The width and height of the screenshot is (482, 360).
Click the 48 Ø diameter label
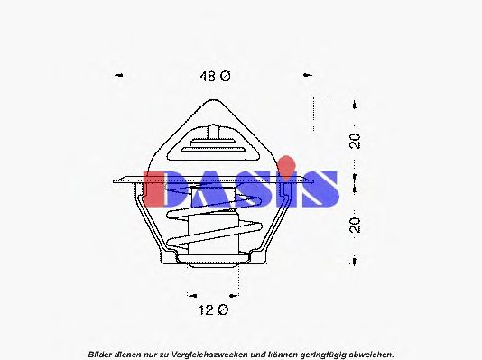click(215, 77)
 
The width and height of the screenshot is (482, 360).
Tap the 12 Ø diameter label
click(214, 309)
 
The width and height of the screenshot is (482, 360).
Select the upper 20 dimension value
click(356, 141)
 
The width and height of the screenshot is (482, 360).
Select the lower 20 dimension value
click(356, 224)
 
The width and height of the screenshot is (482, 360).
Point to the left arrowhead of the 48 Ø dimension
click(119, 77)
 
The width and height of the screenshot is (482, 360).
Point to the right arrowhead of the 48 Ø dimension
click(308, 77)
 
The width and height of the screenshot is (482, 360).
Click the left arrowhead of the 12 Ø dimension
click(191, 294)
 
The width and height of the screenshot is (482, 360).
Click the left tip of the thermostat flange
click(115, 179)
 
